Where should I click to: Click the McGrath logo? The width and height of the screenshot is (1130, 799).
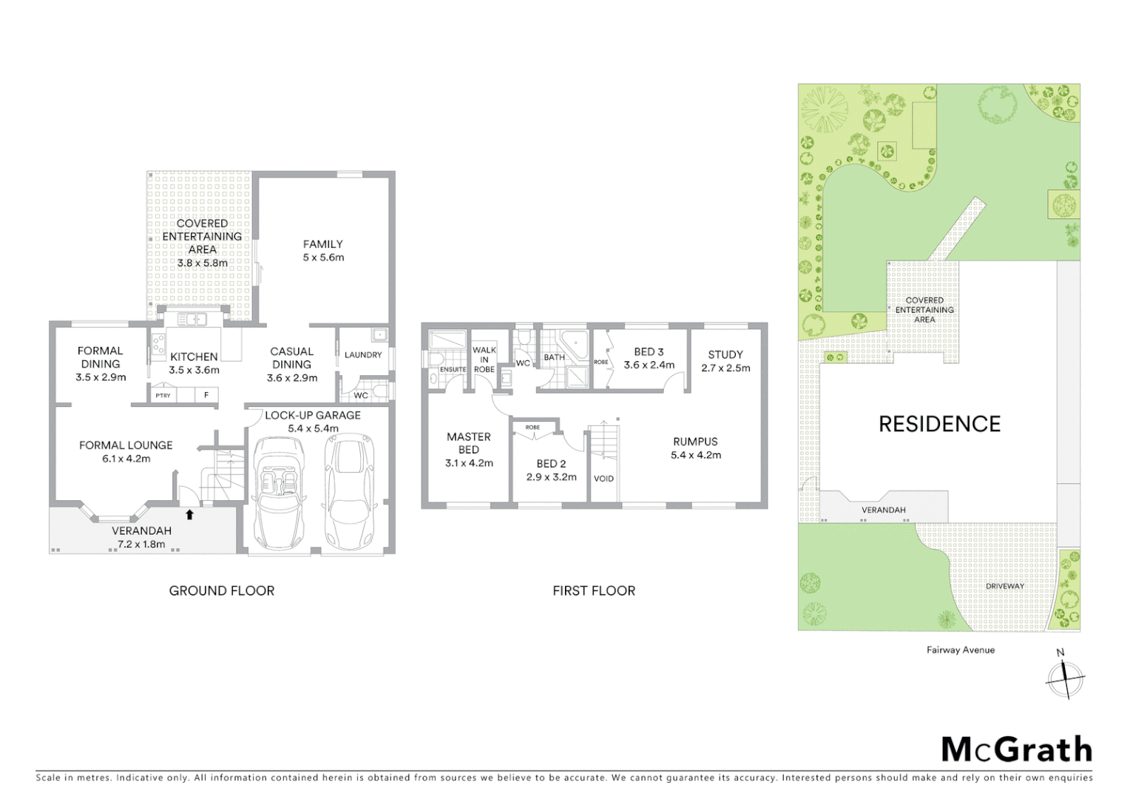point(1016,749)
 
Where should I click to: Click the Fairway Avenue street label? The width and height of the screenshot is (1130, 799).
point(960,650)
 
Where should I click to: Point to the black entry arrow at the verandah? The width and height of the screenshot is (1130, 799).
point(189,514)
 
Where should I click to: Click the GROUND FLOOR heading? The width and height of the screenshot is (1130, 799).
point(221,590)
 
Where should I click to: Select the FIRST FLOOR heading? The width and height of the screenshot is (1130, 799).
point(593,590)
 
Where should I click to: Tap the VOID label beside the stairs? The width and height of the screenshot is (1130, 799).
point(603,479)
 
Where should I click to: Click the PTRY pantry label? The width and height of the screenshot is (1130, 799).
point(163,396)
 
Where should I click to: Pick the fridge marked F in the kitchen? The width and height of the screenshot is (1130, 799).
point(206,395)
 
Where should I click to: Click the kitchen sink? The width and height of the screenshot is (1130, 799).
point(192,320)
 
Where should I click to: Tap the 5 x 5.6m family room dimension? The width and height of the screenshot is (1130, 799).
point(323,257)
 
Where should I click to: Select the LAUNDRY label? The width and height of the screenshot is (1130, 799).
point(363,355)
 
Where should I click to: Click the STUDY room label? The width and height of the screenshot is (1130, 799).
point(725,354)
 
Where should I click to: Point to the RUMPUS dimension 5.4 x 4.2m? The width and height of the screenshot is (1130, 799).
point(695,455)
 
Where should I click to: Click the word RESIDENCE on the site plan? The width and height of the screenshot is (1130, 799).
point(939,424)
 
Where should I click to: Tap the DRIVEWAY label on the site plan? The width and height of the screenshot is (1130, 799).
point(1004,586)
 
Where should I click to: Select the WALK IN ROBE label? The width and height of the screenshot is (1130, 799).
point(484,360)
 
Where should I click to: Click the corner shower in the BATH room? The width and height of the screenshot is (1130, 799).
point(574,345)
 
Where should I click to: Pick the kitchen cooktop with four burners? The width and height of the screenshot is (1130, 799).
point(158,343)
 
